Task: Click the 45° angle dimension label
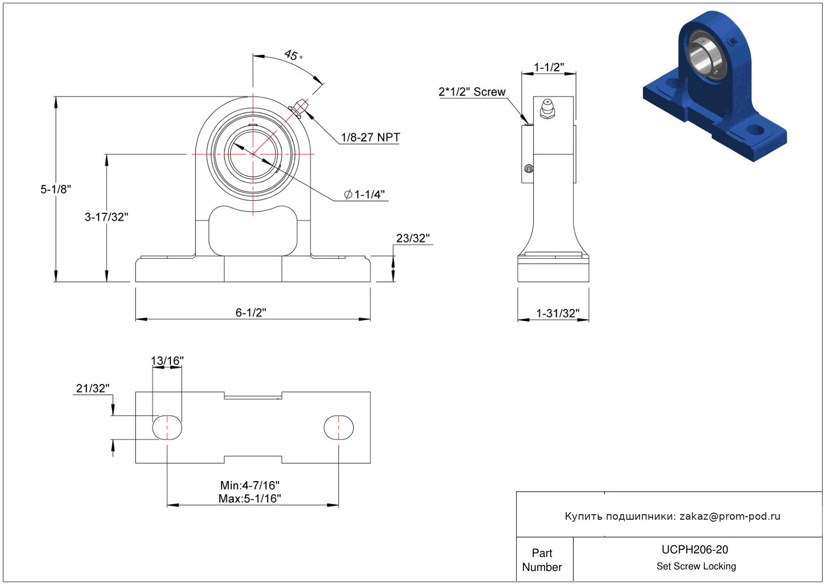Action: (x=293, y=55)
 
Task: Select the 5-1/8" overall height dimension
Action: (x=55, y=189)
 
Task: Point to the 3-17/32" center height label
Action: (x=106, y=217)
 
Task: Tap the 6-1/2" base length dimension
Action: (x=251, y=312)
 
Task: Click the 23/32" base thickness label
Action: (x=413, y=238)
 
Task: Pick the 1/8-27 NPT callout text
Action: (x=370, y=138)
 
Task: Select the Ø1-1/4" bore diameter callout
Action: (x=364, y=194)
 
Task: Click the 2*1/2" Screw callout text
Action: (x=471, y=91)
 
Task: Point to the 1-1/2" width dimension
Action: (x=549, y=67)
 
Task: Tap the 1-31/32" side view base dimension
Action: (x=558, y=313)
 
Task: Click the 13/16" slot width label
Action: (x=167, y=361)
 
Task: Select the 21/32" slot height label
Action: (x=93, y=388)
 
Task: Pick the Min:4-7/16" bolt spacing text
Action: (x=250, y=485)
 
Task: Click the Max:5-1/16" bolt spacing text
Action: (x=250, y=498)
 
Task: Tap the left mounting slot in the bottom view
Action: (x=167, y=428)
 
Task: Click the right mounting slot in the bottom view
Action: (x=339, y=428)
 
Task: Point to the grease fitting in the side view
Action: (x=548, y=108)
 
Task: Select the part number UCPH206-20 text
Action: (x=695, y=549)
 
